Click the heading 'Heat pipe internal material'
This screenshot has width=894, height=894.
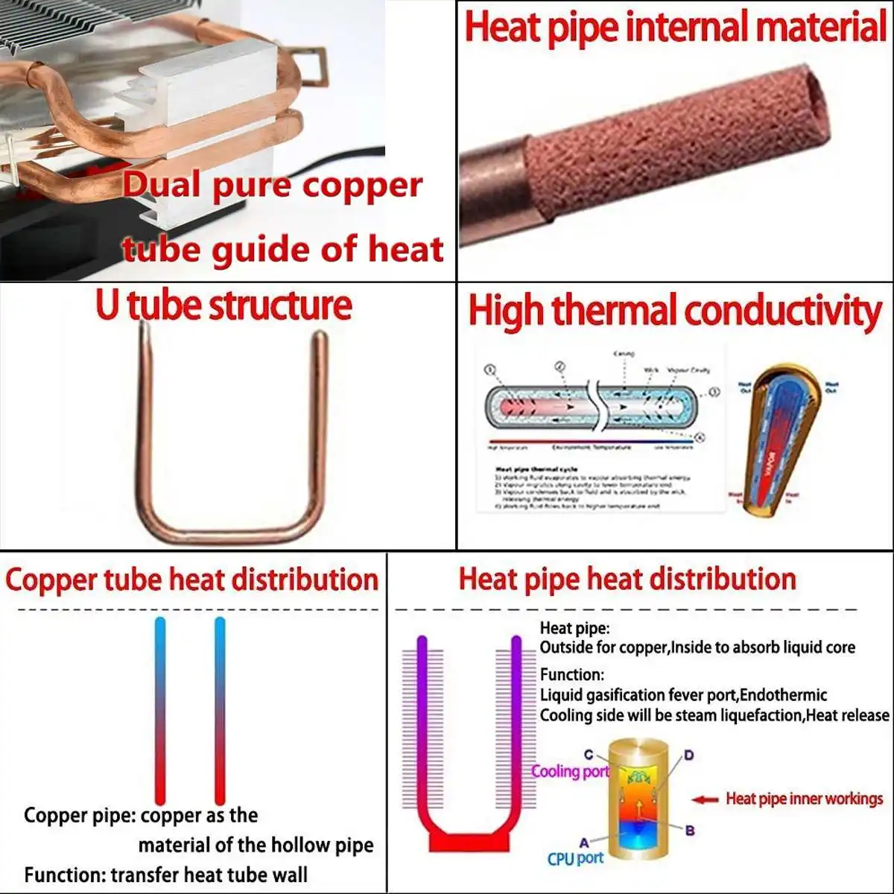coord(675,28)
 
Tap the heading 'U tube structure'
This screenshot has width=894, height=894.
coord(223,305)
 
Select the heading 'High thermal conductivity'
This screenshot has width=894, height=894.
coord(675,311)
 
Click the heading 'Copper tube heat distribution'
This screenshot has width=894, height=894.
coord(191,580)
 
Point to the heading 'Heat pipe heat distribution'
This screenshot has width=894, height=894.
coord(627,580)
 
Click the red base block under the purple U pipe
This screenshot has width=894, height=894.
coord(469,841)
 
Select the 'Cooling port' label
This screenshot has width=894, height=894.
coord(570,771)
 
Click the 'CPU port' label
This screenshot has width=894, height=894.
coord(575,858)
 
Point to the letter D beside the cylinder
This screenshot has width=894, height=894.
coord(689,755)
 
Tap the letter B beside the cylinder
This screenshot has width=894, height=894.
coord(690,830)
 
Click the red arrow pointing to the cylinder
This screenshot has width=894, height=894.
coord(704,799)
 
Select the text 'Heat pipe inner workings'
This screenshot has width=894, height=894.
coord(805,799)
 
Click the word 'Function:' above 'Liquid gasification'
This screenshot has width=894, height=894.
coord(572,675)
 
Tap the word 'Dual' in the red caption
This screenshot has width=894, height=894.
coord(164,185)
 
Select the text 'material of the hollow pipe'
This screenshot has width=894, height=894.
coord(256,845)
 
